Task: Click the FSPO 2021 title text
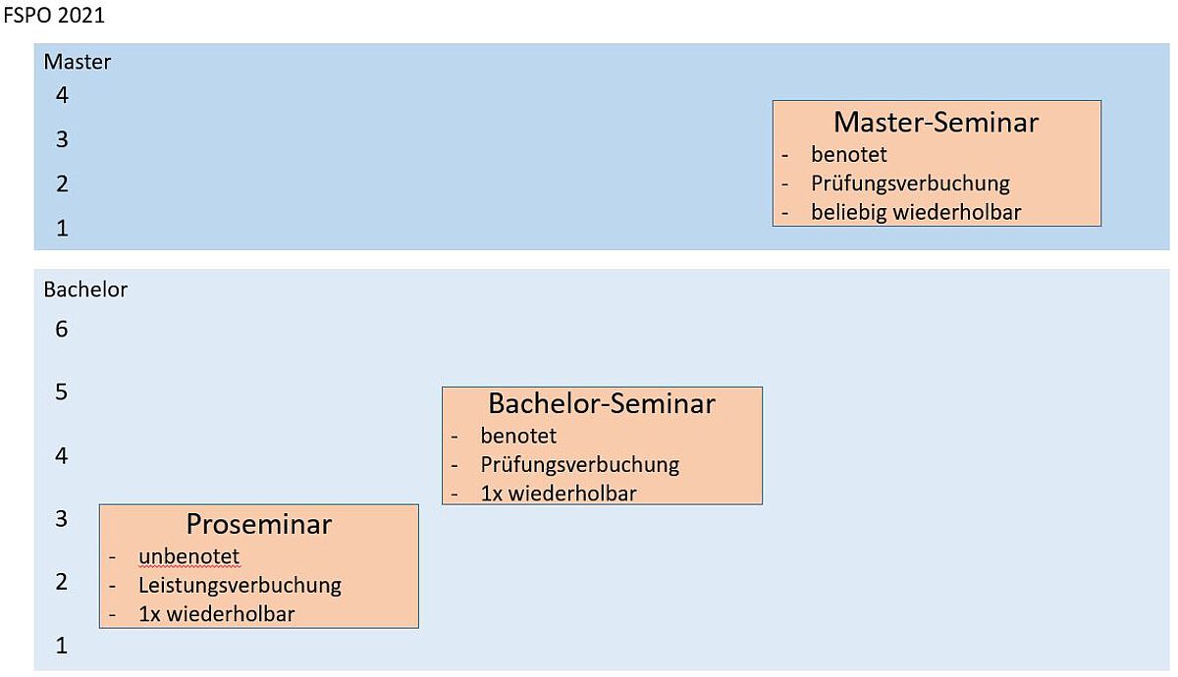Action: [54, 15]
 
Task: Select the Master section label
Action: [78, 62]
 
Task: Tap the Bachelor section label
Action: [85, 289]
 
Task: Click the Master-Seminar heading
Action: [937, 122]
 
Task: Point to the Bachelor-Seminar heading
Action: [602, 403]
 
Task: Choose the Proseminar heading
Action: [259, 524]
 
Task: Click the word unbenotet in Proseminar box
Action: [188, 556]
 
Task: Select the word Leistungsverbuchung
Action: [240, 586]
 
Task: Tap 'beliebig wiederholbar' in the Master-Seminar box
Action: [916, 212]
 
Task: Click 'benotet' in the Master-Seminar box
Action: [849, 155]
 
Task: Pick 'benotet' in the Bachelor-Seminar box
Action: [518, 436]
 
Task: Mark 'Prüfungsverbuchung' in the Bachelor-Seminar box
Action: [579, 465]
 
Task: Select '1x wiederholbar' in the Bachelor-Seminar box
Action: [559, 494]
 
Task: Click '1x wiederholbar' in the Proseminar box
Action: [217, 614]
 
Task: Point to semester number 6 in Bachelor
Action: [62, 329]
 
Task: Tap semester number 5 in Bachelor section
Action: [62, 392]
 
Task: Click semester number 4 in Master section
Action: [62, 95]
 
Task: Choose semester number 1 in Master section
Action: [62, 229]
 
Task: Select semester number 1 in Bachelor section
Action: [62, 646]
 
